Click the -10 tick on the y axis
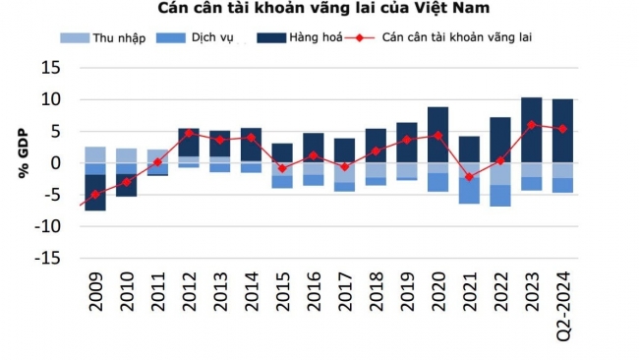pos(45,225)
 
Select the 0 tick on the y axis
pos(55,162)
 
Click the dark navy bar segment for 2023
pos(531,130)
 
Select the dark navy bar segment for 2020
pos(437,134)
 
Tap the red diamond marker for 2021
pos(469,177)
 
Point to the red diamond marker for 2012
pos(189,133)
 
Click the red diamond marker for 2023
pos(531,125)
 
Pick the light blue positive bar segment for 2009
pos(95,154)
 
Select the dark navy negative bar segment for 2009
pos(95,193)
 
